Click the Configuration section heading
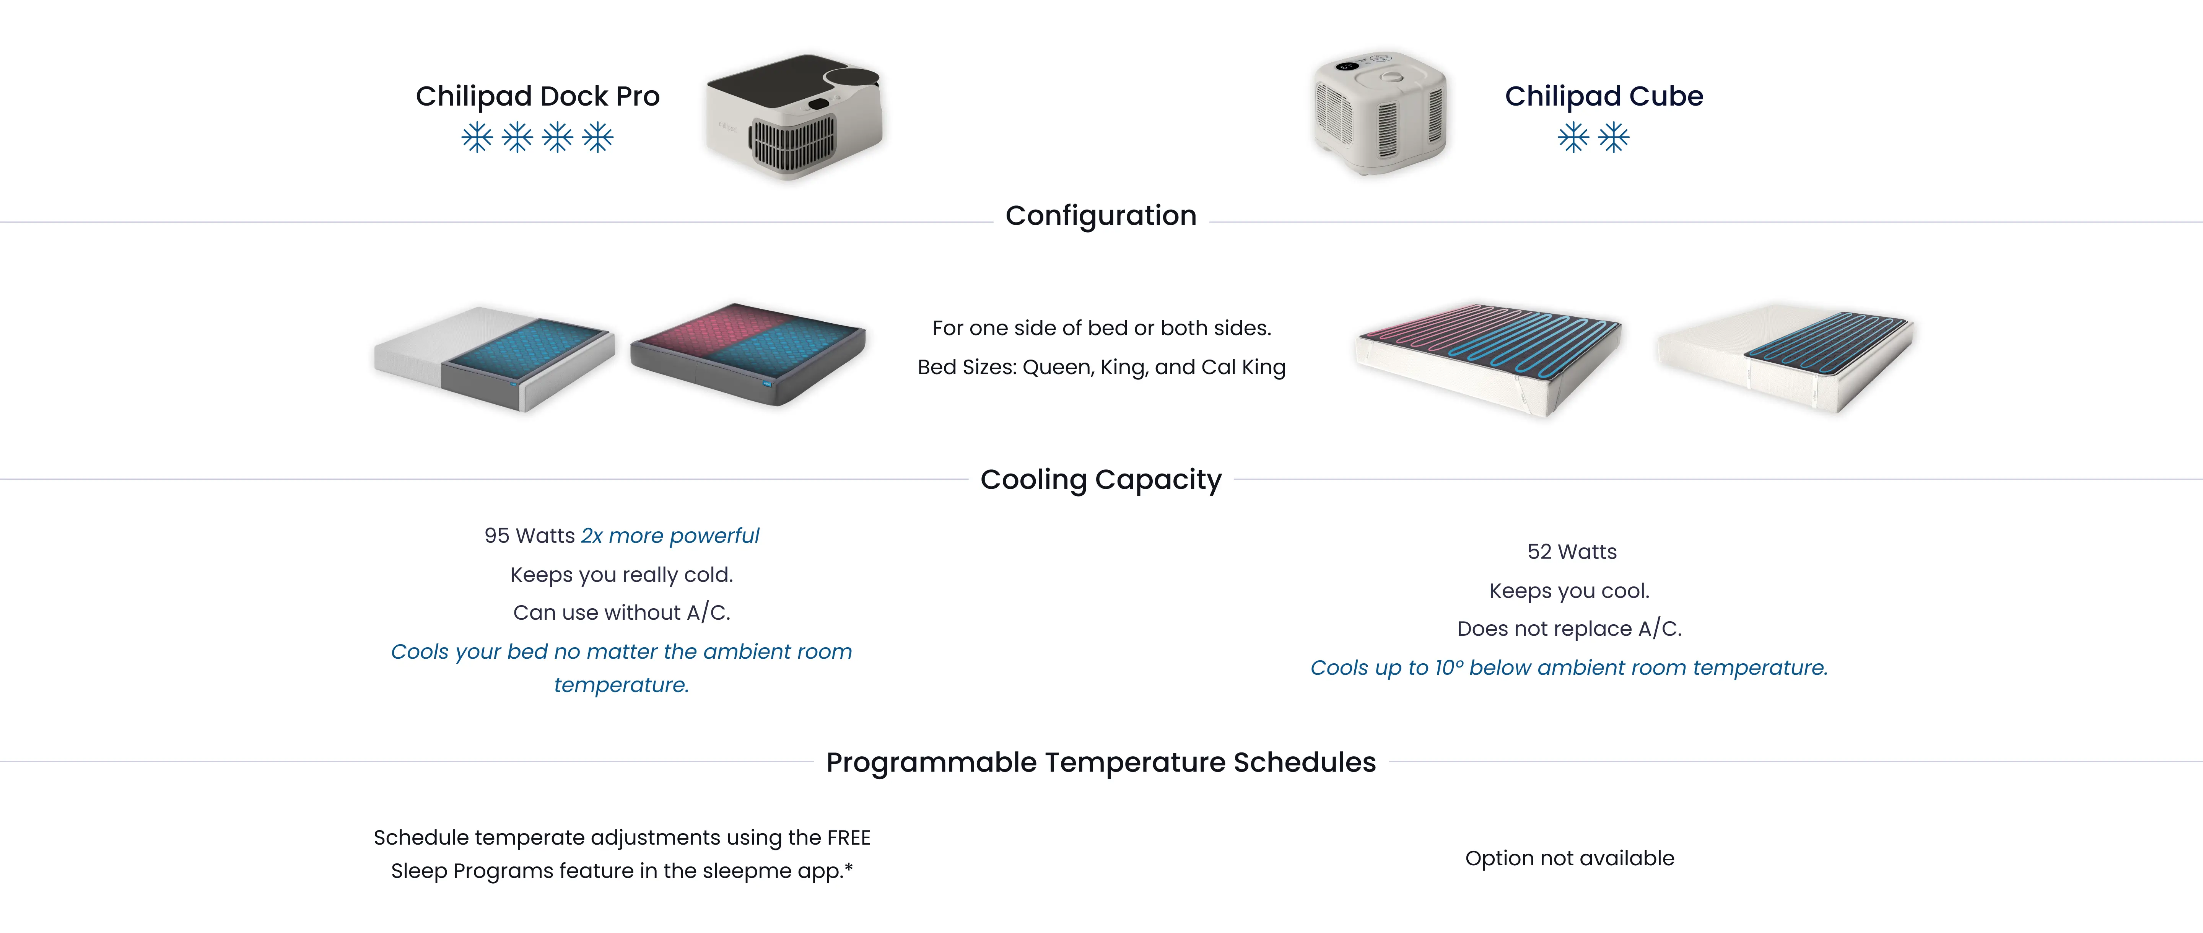(x=1101, y=215)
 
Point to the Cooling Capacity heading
(x=1101, y=480)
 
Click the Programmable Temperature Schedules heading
(x=1101, y=762)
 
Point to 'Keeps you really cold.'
(x=622, y=575)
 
